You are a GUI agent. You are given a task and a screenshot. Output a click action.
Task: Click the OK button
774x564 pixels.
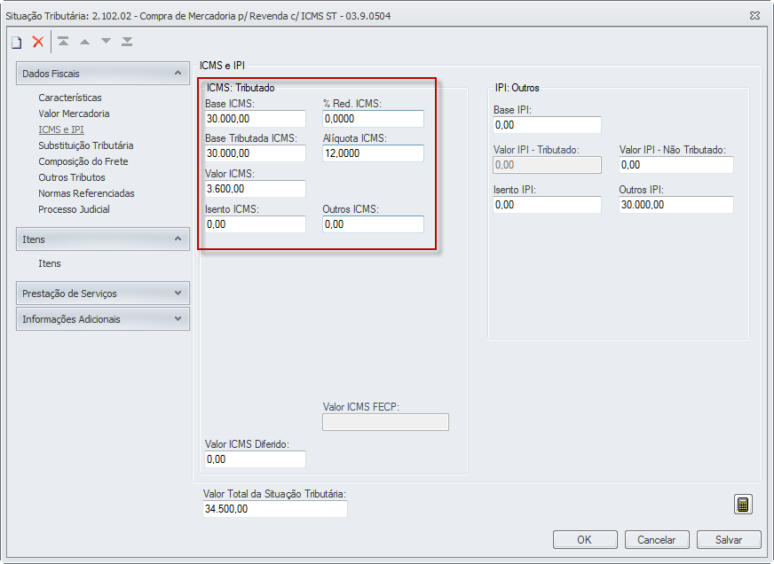584,539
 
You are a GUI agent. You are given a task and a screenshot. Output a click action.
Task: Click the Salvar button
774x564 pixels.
728,539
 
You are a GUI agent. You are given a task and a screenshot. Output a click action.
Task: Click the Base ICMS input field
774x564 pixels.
255,119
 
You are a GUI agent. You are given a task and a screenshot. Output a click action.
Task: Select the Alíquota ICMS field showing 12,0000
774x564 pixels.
373,153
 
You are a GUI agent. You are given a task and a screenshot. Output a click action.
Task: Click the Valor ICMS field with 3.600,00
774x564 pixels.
255,189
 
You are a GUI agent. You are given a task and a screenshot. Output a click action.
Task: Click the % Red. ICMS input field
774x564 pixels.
373,119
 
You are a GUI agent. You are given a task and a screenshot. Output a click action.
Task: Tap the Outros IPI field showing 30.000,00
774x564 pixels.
675,205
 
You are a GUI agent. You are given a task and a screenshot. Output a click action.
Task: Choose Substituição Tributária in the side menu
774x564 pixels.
86,145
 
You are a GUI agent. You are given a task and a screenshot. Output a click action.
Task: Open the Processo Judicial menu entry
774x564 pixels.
74,209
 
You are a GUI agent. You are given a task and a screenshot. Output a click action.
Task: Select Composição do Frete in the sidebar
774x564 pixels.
83,161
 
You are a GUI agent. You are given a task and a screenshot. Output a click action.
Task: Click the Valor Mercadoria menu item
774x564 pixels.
74,114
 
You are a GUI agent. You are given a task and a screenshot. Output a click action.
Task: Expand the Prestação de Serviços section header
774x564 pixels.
102,294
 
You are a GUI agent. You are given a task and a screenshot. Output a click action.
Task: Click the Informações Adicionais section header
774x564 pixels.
102,319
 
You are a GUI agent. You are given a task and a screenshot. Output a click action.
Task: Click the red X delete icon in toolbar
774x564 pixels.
38,42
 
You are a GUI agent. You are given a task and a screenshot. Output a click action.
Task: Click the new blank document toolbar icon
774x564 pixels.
16,42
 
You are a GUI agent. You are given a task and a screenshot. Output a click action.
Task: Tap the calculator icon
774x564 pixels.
743,505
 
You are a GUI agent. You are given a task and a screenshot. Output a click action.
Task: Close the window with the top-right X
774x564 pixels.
754,15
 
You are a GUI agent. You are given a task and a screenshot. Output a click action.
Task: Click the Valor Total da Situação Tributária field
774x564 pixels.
274,509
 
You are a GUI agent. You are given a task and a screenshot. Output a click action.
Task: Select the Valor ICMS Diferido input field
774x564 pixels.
255,459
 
